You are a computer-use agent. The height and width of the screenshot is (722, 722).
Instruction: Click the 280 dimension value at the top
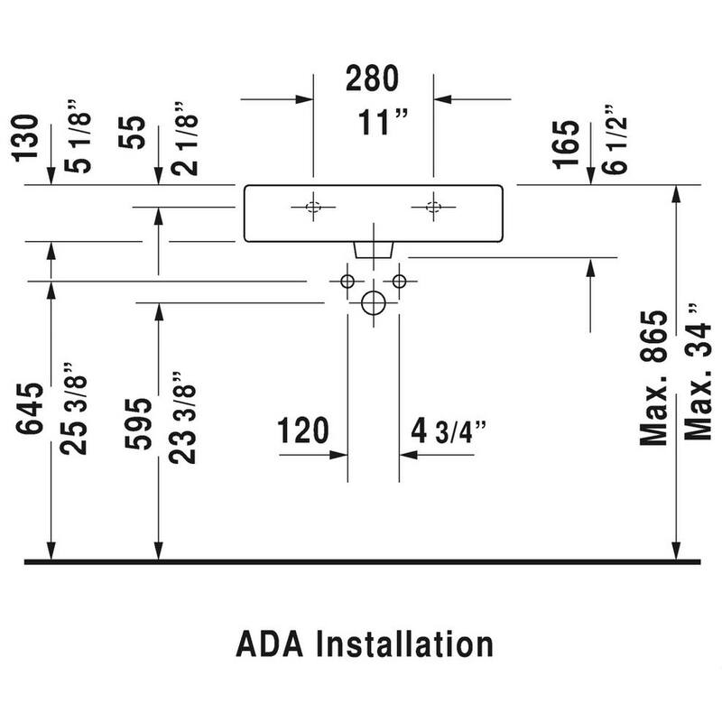[373, 79]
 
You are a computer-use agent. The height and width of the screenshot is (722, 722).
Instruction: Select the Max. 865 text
[653, 379]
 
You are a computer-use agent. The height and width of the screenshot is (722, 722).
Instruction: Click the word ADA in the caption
[269, 644]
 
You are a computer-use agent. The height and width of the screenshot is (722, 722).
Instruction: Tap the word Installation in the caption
[404, 644]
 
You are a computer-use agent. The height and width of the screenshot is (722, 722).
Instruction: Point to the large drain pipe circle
[373, 303]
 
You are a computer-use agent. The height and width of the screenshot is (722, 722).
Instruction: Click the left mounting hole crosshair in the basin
[312, 207]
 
